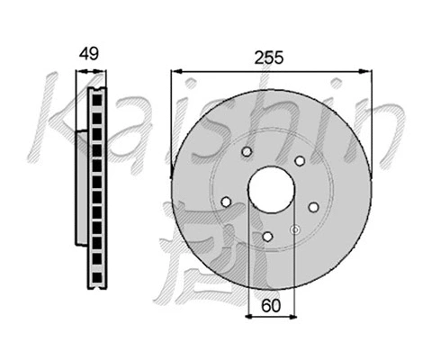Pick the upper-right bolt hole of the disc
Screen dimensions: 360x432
299,161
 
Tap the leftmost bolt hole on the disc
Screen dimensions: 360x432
226,201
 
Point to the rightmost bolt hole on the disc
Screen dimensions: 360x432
311,207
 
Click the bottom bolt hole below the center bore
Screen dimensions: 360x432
267,236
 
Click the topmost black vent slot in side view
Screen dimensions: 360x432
96,96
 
